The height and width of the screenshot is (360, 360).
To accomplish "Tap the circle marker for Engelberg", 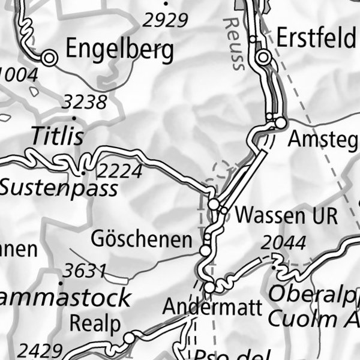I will point(49,58).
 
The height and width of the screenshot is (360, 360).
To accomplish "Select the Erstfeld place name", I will point(316,39).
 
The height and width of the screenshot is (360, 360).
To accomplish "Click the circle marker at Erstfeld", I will point(264,58).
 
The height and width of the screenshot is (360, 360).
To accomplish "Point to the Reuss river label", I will point(233,43).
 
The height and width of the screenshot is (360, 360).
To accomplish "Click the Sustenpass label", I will point(58,188).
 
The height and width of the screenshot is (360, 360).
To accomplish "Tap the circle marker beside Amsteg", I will point(281,123).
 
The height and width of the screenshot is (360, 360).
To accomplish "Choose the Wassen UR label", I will point(287,215).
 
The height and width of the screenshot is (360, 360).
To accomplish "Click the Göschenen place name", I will point(142,239).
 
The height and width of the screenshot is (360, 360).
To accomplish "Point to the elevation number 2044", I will point(283,243).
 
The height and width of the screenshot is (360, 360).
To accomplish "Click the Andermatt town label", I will point(213,308).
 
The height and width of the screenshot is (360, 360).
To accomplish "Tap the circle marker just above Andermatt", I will point(209,288).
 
